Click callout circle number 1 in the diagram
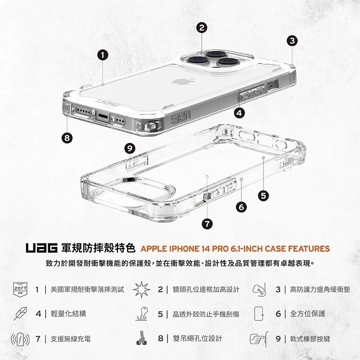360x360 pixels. (103, 55)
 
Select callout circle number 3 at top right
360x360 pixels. (292, 40)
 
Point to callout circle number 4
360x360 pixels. (239, 112)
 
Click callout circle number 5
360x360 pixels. (264, 195)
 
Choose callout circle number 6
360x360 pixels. (241, 207)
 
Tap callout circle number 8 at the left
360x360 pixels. (67, 138)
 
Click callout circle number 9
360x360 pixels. (130, 148)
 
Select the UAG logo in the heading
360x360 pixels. (41, 248)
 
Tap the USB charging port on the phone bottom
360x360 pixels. (102, 118)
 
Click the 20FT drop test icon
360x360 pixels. (21, 289)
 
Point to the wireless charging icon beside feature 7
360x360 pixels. (20, 338)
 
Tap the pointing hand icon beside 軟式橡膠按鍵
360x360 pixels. (258, 338)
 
